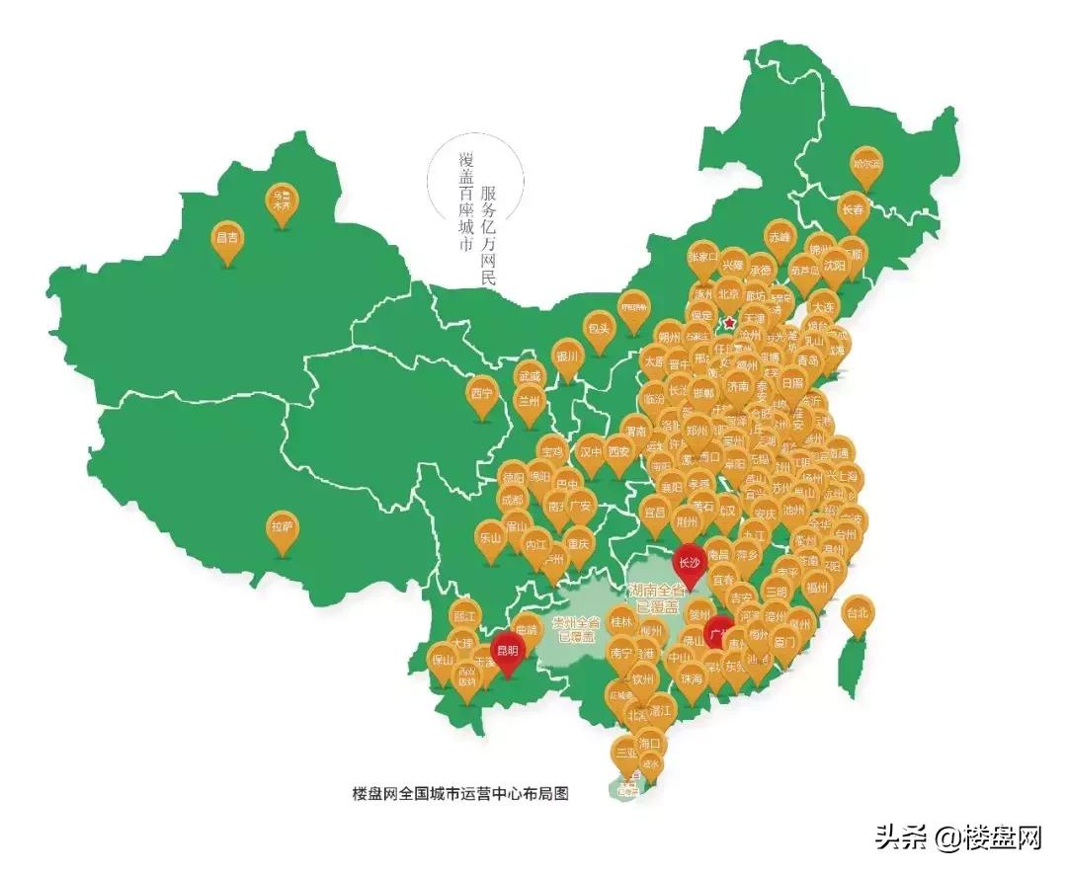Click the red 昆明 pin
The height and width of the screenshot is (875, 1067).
pyautogui.click(x=508, y=651)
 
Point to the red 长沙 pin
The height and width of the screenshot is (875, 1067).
pyautogui.click(x=689, y=564)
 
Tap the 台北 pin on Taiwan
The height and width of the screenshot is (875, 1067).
pyautogui.click(x=858, y=613)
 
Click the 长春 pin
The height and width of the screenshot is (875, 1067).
pyautogui.click(x=852, y=212)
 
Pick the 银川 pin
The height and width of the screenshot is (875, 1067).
pyautogui.click(x=566, y=358)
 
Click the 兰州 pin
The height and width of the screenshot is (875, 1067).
pyautogui.click(x=530, y=403)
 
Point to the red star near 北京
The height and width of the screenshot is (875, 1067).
pyautogui.click(x=729, y=323)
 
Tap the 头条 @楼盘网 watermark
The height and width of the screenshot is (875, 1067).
pyautogui.click(x=957, y=837)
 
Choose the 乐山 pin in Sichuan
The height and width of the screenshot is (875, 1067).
pyautogui.click(x=490, y=540)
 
